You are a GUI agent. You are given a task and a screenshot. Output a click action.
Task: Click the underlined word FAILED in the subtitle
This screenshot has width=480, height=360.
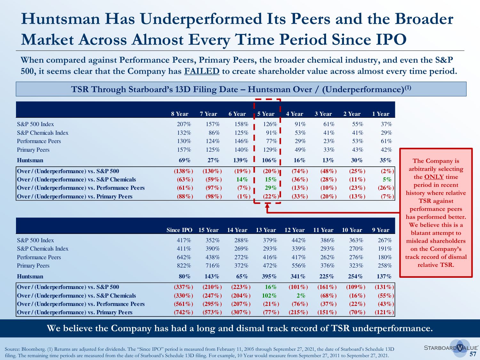tap(202, 71)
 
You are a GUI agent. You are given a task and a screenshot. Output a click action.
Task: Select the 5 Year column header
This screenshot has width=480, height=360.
tap(266, 114)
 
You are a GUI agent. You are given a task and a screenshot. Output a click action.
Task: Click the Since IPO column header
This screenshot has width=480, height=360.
tap(179, 230)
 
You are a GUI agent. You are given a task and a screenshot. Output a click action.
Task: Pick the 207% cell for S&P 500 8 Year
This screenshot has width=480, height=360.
tap(184, 124)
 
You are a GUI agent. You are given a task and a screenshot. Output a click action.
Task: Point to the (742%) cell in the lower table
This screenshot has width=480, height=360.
tap(183, 312)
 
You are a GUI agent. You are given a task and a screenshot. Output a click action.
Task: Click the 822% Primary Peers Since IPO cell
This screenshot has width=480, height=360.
tap(184, 266)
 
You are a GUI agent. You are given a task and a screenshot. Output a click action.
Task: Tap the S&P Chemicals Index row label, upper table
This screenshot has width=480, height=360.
tap(43, 133)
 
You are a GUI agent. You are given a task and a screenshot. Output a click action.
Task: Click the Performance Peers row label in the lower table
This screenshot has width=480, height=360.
tap(39, 257)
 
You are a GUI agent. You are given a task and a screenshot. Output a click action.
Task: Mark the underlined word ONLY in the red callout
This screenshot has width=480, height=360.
tap(434, 177)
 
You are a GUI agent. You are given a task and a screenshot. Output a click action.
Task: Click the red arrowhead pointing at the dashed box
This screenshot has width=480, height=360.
tap(267, 206)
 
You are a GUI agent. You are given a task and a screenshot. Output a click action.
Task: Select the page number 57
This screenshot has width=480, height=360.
tap(473, 354)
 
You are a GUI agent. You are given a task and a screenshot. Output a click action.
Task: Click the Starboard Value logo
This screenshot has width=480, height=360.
tap(451, 348)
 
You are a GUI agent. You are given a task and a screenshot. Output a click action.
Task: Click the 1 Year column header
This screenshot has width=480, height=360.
tap(380, 114)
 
